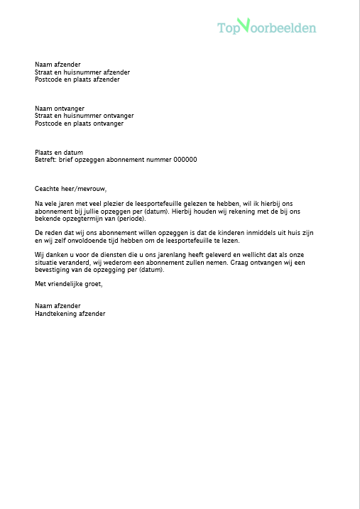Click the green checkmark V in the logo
tap(244, 26)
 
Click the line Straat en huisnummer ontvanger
tap(84, 116)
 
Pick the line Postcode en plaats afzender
tap(77, 80)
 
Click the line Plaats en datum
tap(59, 153)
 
